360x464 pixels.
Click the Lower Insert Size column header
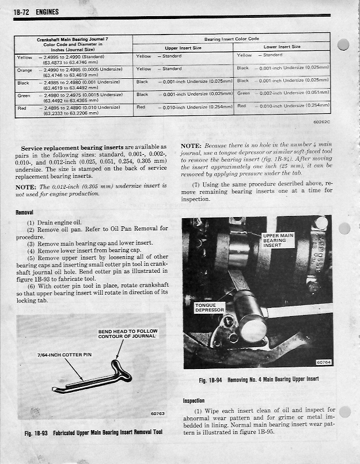click(282, 47)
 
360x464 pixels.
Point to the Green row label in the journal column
click(24, 96)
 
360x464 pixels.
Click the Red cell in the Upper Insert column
click(141, 107)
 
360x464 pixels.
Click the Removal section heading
click(24, 212)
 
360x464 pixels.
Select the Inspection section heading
click(194, 401)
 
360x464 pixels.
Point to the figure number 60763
click(157, 412)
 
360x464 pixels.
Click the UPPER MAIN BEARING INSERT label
click(278, 240)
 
